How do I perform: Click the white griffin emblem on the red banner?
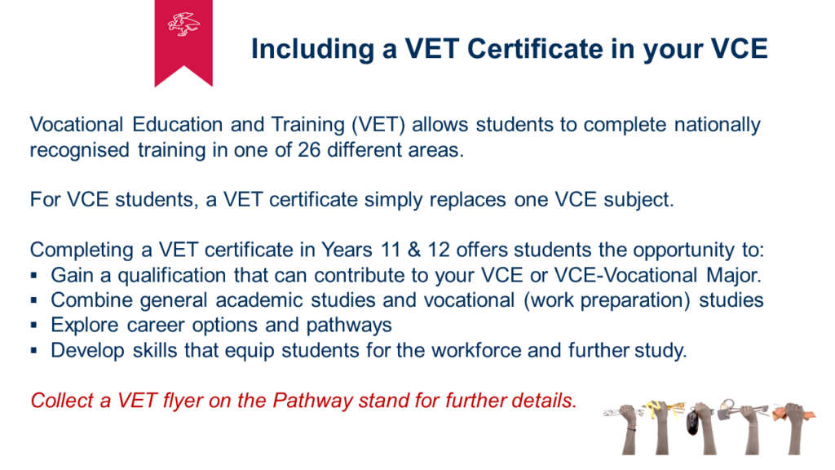(183, 24)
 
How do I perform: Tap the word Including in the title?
(312, 50)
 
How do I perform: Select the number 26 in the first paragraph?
(309, 150)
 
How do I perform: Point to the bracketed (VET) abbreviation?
(378, 125)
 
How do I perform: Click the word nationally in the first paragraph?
(718, 125)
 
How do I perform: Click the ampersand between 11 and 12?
(414, 250)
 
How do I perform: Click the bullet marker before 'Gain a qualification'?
(34, 276)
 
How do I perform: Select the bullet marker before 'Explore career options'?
(34, 325)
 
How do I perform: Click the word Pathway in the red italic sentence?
(312, 401)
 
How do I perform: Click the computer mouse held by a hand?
(693, 423)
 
